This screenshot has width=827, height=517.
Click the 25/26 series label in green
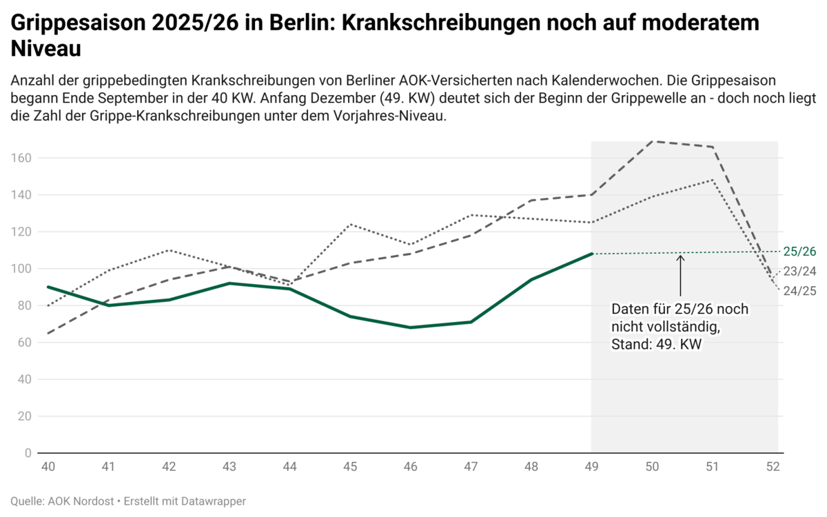coord(799,250)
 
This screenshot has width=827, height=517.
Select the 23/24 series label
coord(799,272)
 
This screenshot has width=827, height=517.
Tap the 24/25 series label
coord(799,291)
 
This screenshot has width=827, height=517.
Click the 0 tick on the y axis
coord(28,453)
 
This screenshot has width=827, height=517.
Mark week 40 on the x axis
coord(48,467)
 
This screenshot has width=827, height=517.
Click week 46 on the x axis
coord(411,467)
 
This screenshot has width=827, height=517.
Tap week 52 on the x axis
coord(773,467)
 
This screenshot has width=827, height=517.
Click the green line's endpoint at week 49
coord(592,254)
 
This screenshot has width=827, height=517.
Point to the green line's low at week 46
coord(411,327)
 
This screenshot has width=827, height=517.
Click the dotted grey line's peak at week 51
coord(713,180)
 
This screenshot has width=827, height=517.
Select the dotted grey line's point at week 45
coord(350,224)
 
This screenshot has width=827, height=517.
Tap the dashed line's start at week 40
coord(48,333)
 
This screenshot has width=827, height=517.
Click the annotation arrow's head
coord(681,257)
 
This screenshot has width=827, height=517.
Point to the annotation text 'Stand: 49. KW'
coord(656,345)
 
